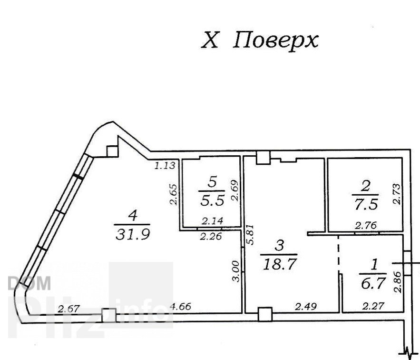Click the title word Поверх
[276, 41]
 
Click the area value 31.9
[133, 234]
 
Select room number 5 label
[212, 183]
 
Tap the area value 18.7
[280, 264]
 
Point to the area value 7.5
[366, 204]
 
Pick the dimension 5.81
[250, 234]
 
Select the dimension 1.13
[165, 165]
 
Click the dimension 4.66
[181, 306]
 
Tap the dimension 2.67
[69, 309]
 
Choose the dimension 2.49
[306, 306]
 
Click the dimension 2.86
[398, 282]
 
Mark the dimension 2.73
[397, 194]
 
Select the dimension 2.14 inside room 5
[212, 221]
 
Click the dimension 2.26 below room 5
[211, 236]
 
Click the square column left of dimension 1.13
[112, 151]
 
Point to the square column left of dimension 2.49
[265, 314]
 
